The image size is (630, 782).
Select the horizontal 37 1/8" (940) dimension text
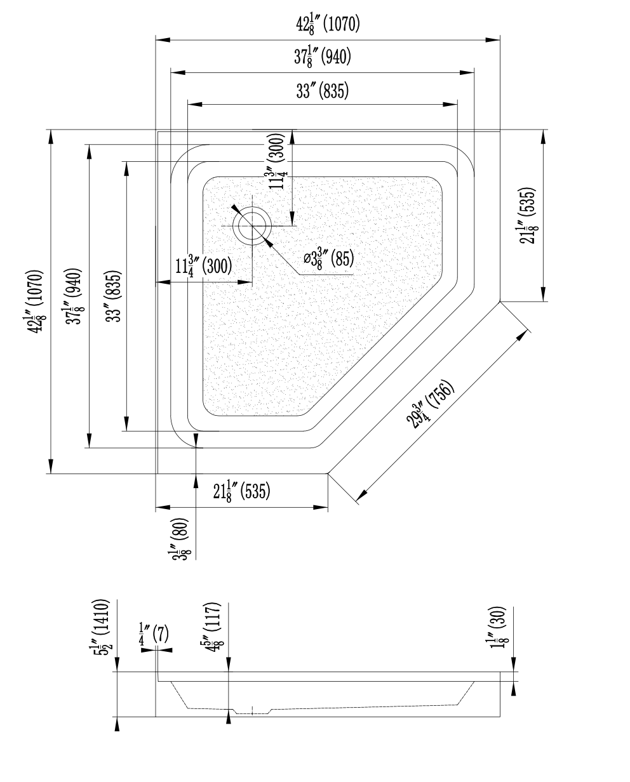point(322,58)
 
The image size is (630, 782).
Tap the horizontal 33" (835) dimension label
point(322,91)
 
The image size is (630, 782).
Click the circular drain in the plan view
point(253,225)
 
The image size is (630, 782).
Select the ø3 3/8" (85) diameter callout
point(328,258)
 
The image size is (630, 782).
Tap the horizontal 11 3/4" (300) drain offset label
point(203,265)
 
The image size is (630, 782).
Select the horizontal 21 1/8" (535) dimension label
point(241,491)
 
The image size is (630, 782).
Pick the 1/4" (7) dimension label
point(153,635)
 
